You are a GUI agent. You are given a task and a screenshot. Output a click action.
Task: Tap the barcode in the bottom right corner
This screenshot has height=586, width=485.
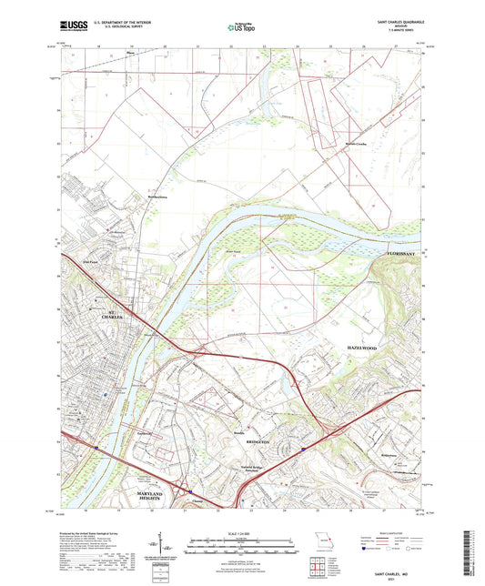pyautogui.click(x=474, y=551)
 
